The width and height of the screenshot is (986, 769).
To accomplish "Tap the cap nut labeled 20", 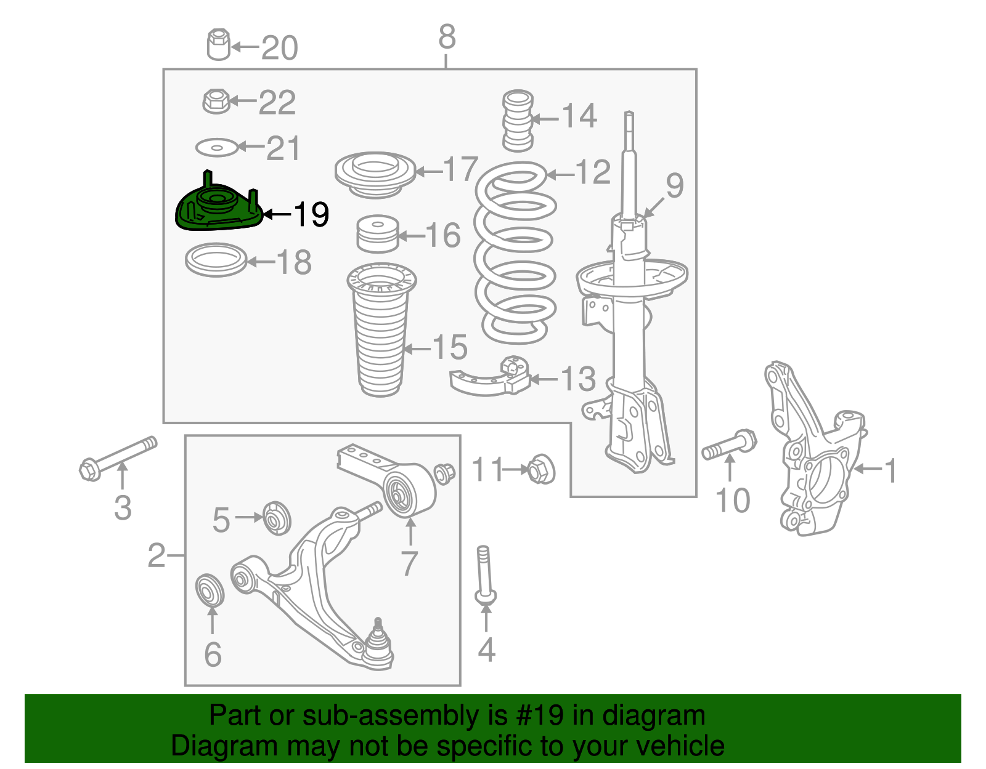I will (218, 44).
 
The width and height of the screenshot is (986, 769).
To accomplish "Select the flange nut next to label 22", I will (216, 101).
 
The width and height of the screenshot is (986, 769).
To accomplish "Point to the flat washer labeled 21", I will (216, 148).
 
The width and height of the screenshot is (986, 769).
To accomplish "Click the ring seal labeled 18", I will (216, 260).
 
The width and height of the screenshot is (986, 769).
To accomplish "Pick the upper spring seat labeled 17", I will (375, 174).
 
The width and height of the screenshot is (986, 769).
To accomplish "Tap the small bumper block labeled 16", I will (378, 234).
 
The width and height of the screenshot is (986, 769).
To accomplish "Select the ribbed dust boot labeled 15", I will (381, 332).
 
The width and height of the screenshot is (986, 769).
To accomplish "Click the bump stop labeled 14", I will (518, 121).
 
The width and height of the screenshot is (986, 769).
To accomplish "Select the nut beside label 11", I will (541, 469).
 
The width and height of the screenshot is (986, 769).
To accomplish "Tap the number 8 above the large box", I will (447, 37).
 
